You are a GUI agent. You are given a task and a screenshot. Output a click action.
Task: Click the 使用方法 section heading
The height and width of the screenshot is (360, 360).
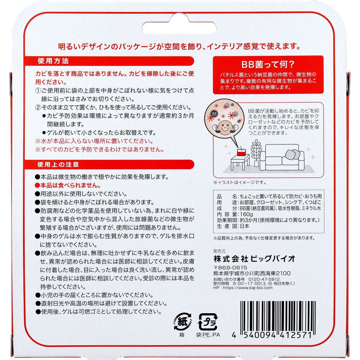(x=53, y=61)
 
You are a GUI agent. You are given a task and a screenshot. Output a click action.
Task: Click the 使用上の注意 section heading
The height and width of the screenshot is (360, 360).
(x=58, y=165)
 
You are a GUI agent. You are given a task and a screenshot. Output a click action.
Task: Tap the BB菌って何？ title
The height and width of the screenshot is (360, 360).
(x=268, y=64)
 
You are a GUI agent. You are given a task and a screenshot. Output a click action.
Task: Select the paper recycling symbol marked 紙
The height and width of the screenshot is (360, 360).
(x=183, y=322)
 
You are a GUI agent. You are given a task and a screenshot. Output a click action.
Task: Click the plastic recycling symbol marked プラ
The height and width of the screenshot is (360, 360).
(x=208, y=322)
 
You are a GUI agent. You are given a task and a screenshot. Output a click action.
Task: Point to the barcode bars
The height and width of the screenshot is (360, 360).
(x=278, y=316)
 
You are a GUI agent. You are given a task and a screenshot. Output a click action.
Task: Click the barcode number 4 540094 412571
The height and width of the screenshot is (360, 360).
(x=272, y=335)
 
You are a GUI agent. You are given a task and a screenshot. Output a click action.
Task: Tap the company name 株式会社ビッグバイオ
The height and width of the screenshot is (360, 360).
(x=254, y=259)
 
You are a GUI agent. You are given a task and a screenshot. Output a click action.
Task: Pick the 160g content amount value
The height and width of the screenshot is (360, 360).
(x=246, y=215)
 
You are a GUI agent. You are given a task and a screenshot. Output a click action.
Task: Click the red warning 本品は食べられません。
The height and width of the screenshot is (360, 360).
(x=68, y=185)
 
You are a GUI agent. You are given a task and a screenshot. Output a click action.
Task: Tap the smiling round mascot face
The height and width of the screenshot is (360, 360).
(x=224, y=128)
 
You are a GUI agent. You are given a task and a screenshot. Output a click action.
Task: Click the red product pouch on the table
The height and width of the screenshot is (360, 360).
(x=240, y=152)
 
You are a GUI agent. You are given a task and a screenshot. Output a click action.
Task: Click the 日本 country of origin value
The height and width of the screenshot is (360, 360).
(x=244, y=226)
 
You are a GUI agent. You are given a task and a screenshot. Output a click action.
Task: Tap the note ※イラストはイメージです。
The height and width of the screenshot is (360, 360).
(x=240, y=182)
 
